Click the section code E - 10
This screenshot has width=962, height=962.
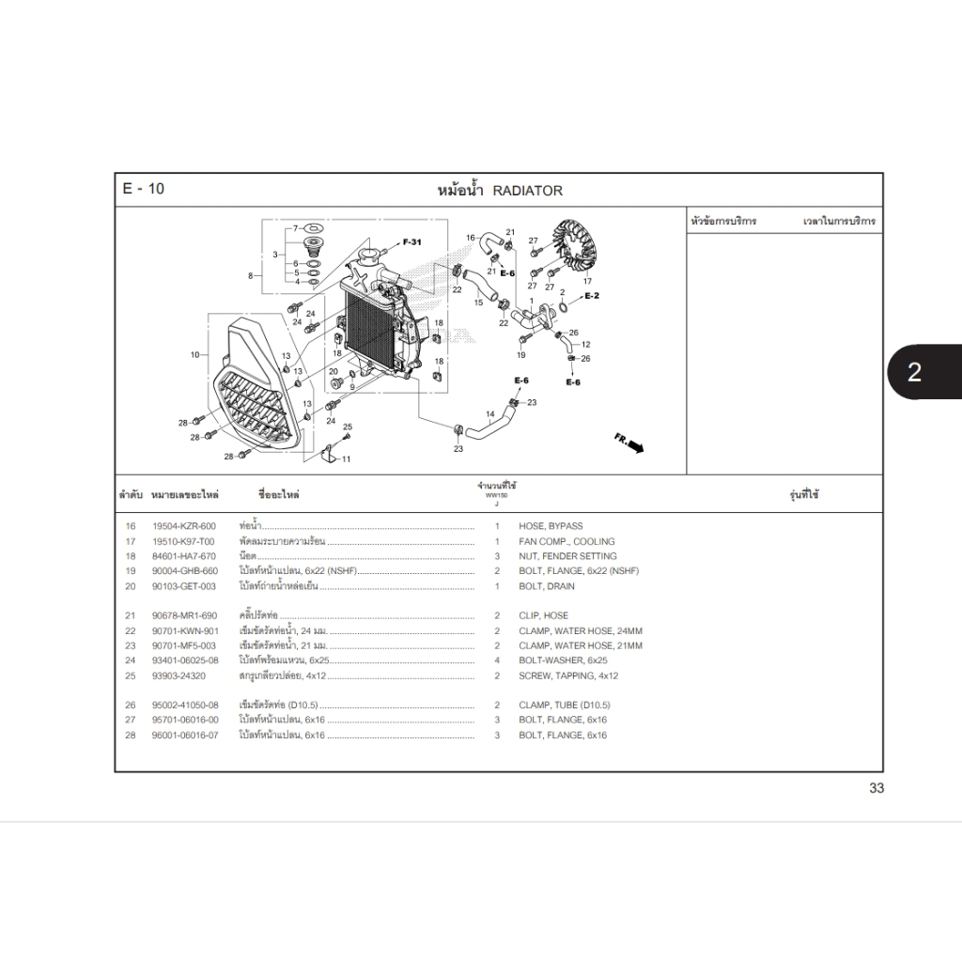144,189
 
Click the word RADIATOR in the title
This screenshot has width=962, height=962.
527,191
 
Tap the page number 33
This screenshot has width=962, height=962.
876,788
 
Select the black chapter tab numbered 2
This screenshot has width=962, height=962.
913,372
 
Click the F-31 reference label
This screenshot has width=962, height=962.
412,242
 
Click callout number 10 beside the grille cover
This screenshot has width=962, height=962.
194,355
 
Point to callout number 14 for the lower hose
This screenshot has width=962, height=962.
489,414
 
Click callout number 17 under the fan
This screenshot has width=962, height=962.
588,281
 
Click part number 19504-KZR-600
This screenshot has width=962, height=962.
184,526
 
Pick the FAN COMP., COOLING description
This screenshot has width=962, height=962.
566,541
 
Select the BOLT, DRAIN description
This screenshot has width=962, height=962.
547,586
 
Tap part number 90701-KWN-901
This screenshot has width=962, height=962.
185,631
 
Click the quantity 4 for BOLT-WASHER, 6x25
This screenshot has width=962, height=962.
497,660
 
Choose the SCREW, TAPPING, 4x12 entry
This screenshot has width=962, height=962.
568,675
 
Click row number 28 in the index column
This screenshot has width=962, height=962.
130,735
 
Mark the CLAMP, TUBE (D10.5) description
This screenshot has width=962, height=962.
564,706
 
